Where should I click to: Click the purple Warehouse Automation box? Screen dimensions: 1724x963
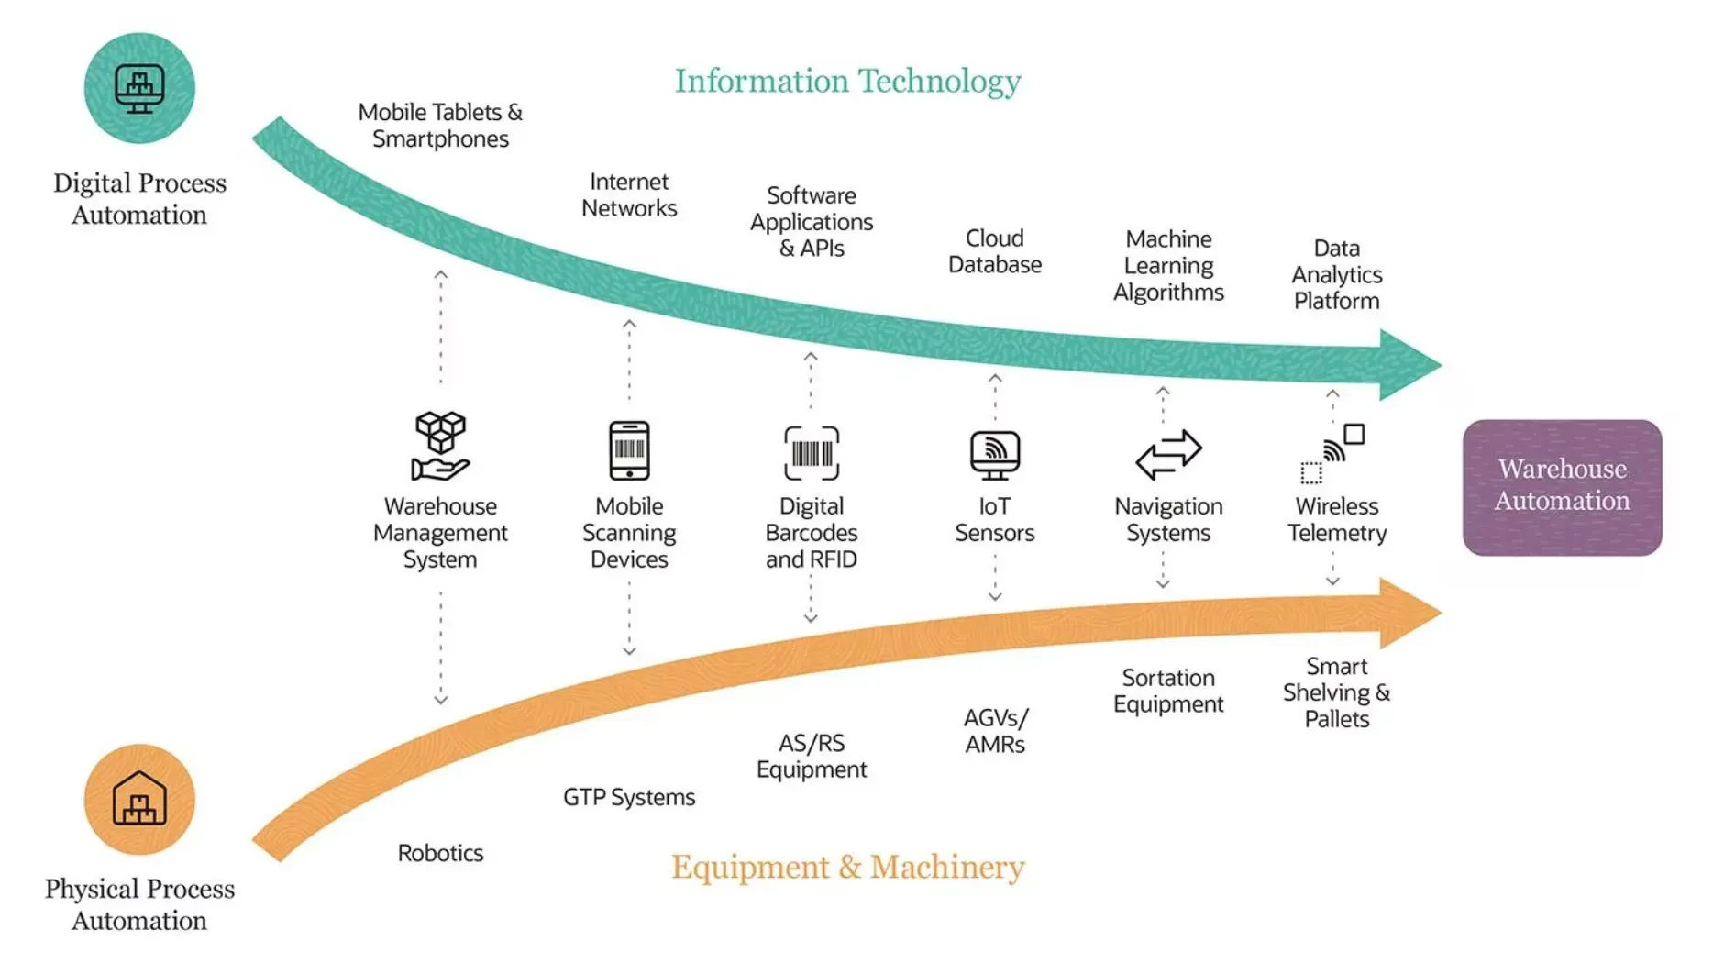point(1562,487)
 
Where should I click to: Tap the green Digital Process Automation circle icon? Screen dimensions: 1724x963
point(139,88)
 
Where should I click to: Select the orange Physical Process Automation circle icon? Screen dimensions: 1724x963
point(139,799)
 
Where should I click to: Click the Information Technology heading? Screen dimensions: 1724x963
point(847,81)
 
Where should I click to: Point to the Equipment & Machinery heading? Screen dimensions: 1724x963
point(847,867)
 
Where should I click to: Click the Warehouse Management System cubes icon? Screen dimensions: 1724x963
point(440,447)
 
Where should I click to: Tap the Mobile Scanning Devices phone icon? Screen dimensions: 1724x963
point(629,450)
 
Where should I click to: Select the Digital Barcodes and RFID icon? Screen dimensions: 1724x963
point(812,453)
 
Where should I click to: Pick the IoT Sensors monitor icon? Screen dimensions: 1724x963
point(995,455)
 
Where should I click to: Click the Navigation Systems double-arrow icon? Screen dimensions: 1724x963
point(1168,454)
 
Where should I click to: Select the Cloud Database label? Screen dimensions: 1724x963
point(995,251)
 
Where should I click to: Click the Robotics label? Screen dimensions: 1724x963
point(440,853)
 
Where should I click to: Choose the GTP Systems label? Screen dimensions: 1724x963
point(629,797)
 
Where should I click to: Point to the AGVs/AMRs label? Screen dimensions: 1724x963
point(995,731)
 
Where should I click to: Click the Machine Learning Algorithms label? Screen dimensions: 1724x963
point(1168,265)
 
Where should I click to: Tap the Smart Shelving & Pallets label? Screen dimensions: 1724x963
point(1336,692)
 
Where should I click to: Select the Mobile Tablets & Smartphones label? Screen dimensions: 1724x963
point(440,125)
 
